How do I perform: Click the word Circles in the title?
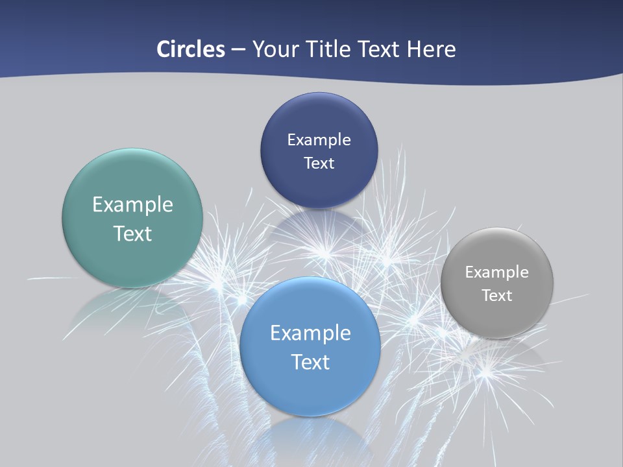[191, 49]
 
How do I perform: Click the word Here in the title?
[431, 49]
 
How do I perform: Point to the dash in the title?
[238, 50]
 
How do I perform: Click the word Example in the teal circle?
[132, 205]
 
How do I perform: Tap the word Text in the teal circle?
[132, 233]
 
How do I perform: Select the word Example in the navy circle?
[319, 139]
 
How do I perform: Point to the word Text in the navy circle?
[319, 163]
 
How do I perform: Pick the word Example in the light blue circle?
[310, 333]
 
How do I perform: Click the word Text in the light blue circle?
[310, 362]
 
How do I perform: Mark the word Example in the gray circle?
[497, 272]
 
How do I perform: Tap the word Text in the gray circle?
[497, 295]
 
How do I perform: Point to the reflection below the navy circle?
[319, 227]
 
